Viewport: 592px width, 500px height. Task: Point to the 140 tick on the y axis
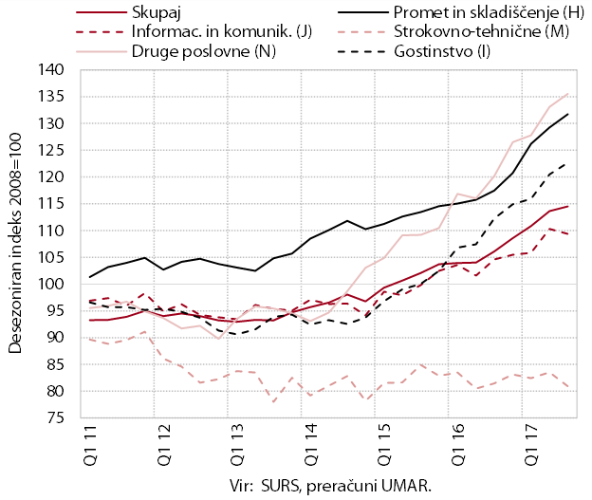[x=50, y=70]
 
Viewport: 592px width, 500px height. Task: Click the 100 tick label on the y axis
[x=50, y=284]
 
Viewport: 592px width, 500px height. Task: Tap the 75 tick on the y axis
[x=55, y=417]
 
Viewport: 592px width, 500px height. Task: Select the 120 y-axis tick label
[x=50, y=176]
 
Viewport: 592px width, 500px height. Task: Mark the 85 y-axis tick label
[x=55, y=364]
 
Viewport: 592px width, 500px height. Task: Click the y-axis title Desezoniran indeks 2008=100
[x=15, y=244]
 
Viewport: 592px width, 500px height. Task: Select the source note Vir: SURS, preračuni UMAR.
[x=330, y=486]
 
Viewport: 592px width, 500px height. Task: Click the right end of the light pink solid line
[x=568, y=94]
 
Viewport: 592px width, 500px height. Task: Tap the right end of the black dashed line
[x=565, y=164]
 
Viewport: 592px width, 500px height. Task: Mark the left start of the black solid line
[x=90, y=277]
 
